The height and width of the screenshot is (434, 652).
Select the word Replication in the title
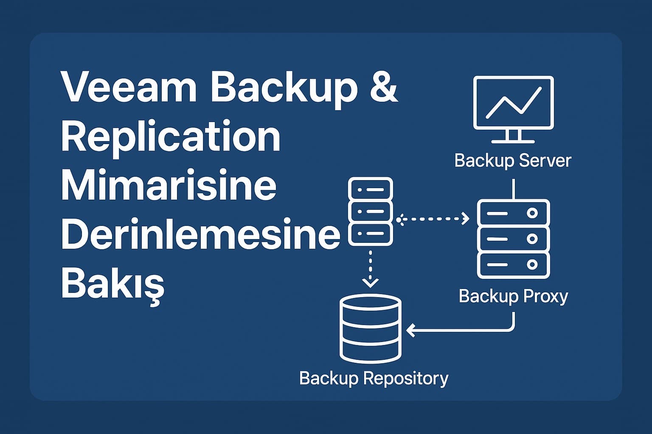coord(171,137)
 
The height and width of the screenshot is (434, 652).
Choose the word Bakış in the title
coord(113,283)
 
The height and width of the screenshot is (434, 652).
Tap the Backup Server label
coord(513,161)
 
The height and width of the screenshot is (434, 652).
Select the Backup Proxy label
coord(513,296)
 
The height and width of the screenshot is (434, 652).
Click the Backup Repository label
coord(374,378)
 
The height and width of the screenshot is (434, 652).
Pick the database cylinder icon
coord(371,328)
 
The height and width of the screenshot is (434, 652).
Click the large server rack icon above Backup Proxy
coord(513,239)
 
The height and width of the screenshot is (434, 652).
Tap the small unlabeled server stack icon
coord(370,211)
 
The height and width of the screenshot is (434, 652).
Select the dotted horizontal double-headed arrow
coord(433,219)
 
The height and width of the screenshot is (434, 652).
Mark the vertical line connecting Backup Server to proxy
coord(514,189)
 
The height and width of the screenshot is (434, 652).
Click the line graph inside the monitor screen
coord(513,103)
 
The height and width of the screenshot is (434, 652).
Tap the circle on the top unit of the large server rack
coord(532,213)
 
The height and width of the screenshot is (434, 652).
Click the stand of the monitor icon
coord(513,136)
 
